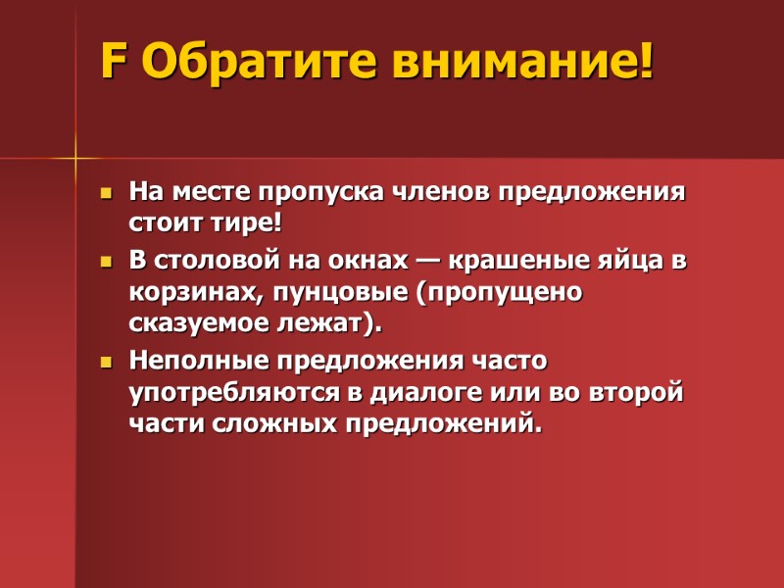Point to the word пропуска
[x=322, y=191]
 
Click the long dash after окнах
[x=427, y=263]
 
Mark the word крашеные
[x=522, y=263]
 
